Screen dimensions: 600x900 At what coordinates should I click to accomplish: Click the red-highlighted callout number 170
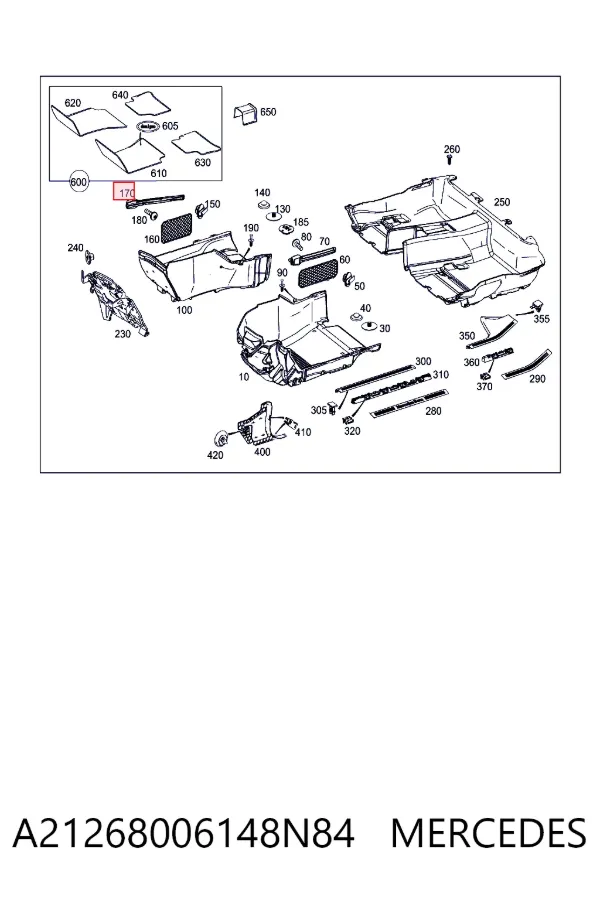[x=125, y=192]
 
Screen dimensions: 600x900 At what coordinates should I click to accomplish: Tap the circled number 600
[x=78, y=182]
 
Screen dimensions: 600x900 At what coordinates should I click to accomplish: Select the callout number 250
[x=502, y=202]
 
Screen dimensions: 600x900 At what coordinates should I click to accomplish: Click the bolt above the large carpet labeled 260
[x=451, y=160]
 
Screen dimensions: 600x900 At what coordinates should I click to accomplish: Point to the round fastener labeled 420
[x=219, y=439]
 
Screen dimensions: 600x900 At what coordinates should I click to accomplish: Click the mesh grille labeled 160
[x=175, y=227]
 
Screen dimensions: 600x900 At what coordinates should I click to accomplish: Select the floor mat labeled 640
[x=148, y=103]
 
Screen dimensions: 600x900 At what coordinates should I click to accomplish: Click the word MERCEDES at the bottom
[x=489, y=833]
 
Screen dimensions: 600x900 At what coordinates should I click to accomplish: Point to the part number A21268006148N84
[x=183, y=833]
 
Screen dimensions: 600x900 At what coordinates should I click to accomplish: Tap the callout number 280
[x=433, y=411]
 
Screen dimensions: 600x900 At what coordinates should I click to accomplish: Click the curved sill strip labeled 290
[x=528, y=363]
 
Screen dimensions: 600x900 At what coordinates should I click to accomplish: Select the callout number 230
[x=122, y=333]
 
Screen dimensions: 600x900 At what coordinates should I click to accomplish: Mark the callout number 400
[x=262, y=452]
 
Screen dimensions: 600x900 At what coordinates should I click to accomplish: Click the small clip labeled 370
[x=485, y=376]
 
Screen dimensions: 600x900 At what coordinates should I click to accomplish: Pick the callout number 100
[x=184, y=310]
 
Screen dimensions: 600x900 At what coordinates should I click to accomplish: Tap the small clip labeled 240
[x=90, y=256]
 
